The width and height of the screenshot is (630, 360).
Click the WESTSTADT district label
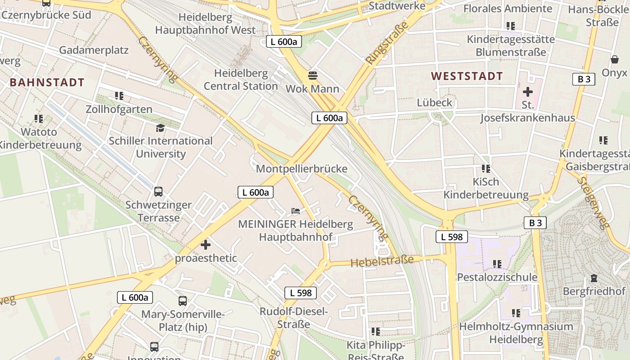tap(467, 76)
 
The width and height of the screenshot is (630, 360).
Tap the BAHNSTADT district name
tap(47, 82)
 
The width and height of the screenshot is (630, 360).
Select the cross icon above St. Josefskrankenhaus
tap(527, 92)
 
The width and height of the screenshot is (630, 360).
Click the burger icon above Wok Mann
tap(312, 75)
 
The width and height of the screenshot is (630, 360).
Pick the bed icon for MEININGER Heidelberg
tap(295, 210)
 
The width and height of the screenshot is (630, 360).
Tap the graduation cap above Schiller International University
tap(160, 128)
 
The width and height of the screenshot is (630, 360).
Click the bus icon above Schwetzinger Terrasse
tap(158, 192)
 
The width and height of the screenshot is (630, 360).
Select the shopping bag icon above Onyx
tap(614, 59)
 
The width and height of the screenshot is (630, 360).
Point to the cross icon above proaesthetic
tap(206, 245)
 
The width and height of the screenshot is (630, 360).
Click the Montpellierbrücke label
tap(301, 169)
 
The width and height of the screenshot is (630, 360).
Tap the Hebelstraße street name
tap(382, 261)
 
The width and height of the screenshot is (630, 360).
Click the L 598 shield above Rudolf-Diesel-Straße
tap(301, 293)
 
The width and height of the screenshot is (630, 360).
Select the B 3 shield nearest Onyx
tap(584, 79)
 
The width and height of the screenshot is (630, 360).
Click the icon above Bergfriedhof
tap(594, 278)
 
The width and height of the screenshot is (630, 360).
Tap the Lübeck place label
tap(434, 103)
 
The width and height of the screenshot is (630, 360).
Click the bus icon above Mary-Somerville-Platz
tap(182, 301)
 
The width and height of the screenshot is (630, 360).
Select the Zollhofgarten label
tap(119, 109)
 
